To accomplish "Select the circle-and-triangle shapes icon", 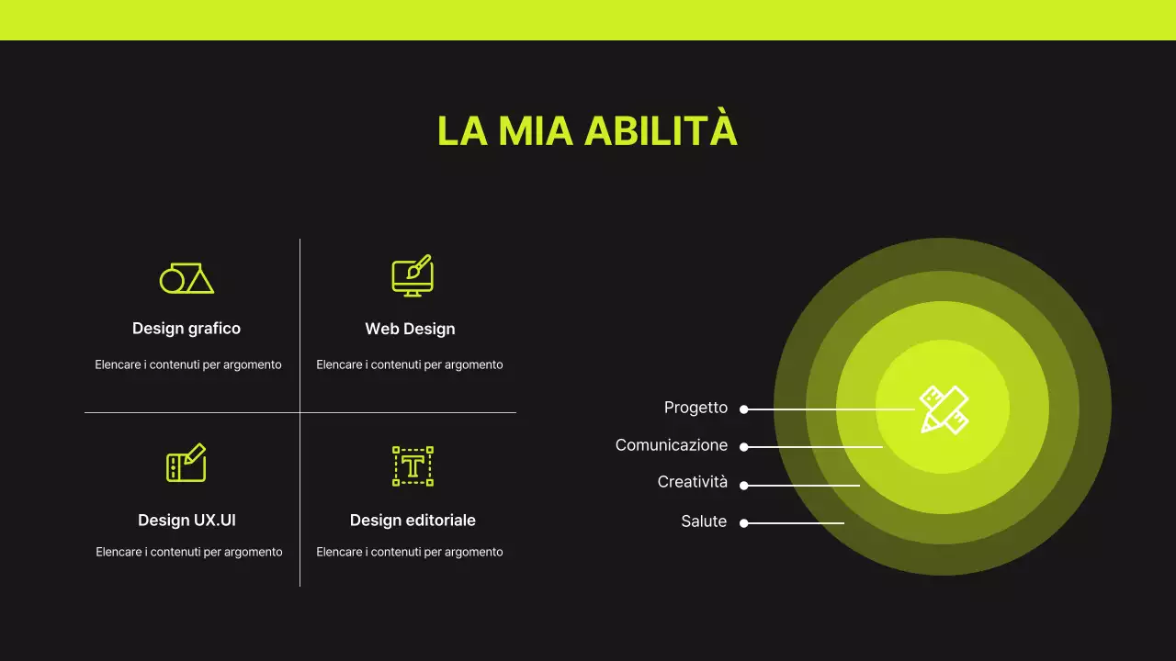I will pyautogui.click(x=187, y=278).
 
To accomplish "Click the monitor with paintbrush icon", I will pyautogui.click(x=413, y=275).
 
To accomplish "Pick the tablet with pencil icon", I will pyautogui.click(x=186, y=464).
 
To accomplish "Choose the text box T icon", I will pyautogui.click(x=413, y=466).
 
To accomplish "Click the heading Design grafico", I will pyautogui.click(x=187, y=329).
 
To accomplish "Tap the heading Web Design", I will pyautogui.click(x=410, y=329).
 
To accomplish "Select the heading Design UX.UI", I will pyautogui.click(x=187, y=521).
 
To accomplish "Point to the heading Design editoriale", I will pyautogui.click(x=413, y=521).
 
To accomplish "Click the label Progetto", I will pyautogui.click(x=695, y=408).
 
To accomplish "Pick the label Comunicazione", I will pyautogui.click(x=672, y=445).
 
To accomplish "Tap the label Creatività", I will pyautogui.click(x=692, y=482).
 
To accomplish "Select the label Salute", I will pyautogui.click(x=704, y=521).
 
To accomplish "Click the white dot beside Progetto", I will pyautogui.click(x=744, y=409).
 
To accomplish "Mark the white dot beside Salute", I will pyautogui.click(x=744, y=523).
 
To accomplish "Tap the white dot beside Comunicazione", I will pyautogui.click(x=744, y=447).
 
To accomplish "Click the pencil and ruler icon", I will pyautogui.click(x=944, y=409).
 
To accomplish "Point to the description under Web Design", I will pyautogui.click(x=410, y=364).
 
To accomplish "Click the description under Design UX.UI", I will pyautogui.click(x=189, y=552).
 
